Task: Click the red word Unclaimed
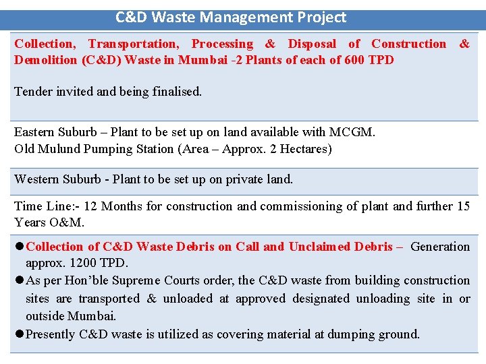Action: point(317,247)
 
